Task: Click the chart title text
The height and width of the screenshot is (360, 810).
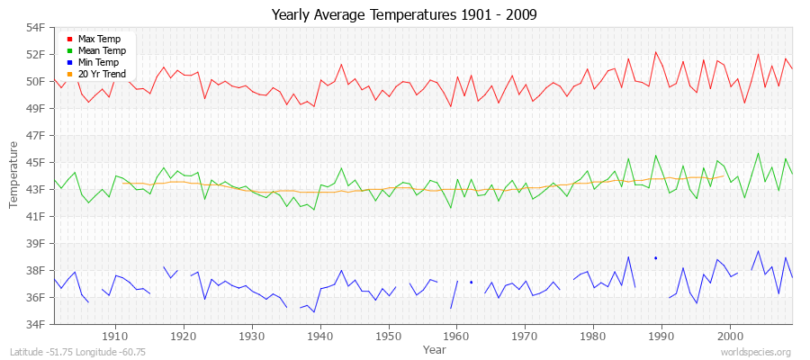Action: pyautogui.click(x=404, y=15)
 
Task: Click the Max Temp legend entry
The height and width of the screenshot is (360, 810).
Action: pyautogui.click(x=99, y=40)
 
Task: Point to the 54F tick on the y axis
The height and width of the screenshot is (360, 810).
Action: pyautogui.click(x=34, y=28)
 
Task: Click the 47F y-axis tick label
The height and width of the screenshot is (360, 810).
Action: pyautogui.click(x=34, y=136)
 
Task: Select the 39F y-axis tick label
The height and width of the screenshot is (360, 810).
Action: pyautogui.click(x=34, y=244)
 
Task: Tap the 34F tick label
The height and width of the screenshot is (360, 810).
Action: pyautogui.click(x=34, y=324)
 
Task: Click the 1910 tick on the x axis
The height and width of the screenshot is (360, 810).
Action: pyautogui.click(x=115, y=336)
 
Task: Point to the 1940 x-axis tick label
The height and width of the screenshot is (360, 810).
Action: pyautogui.click(x=319, y=336)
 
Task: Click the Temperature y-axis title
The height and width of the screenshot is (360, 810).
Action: pyautogui.click(x=14, y=175)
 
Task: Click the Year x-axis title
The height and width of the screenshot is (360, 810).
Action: pyautogui.click(x=434, y=348)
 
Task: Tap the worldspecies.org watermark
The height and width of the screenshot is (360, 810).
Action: pyautogui.click(x=756, y=352)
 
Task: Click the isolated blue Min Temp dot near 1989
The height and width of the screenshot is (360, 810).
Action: pyautogui.click(x=655, y=258)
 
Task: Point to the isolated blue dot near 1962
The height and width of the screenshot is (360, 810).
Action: pyautogui.click(x=471, y=282)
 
